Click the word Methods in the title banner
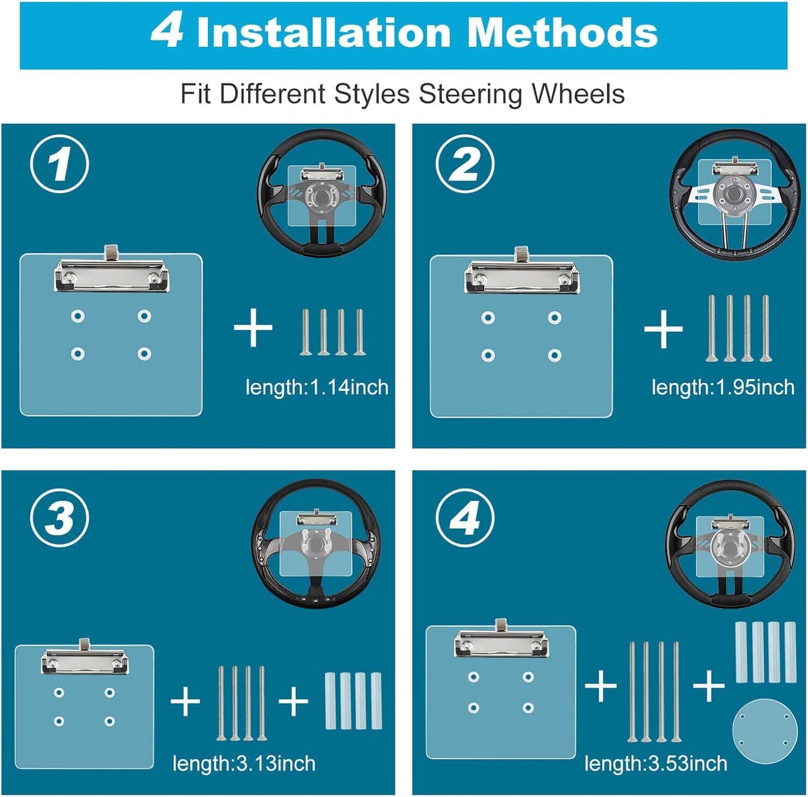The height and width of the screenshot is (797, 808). click(x=562, y=33)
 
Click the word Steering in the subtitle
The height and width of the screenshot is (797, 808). click(x=471, y=94)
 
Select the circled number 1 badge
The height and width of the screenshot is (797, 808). click(x=59, y=164)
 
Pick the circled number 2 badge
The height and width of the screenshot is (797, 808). click(x=465, y=164)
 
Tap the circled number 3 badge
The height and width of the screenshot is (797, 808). click(x=59, y=518)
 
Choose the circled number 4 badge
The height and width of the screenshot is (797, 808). click(x=465, y=518)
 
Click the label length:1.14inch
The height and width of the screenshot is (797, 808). click(x=317, y=387)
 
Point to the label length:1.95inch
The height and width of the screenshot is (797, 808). click(x=723, y=387)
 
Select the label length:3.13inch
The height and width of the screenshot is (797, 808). click(x=244, y=763)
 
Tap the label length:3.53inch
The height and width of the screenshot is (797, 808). click(x=656, y=763)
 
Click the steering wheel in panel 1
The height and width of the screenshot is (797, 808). click(x=322, y=193)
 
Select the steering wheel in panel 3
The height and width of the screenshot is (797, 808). click(x=316, y=545)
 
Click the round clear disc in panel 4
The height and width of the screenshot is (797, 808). click(x=765, y=730)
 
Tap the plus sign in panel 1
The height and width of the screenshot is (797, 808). click(x=253, y=328)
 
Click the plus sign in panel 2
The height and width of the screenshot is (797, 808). click(x=663, y=329)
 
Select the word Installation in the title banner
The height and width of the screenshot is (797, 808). click(x=323, y=33)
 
